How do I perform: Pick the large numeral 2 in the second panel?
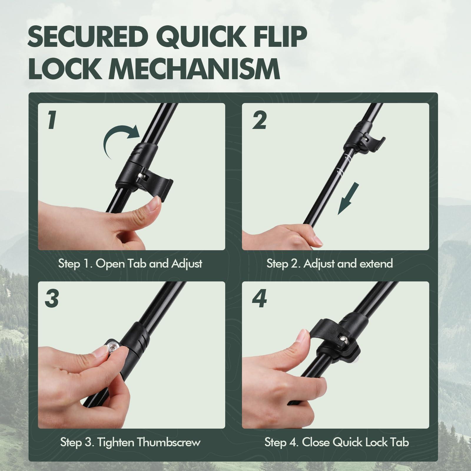pos(259,120)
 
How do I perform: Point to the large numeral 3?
pos(52,299)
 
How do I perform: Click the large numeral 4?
pos(259,299)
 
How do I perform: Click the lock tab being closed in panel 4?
pos(327,325)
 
